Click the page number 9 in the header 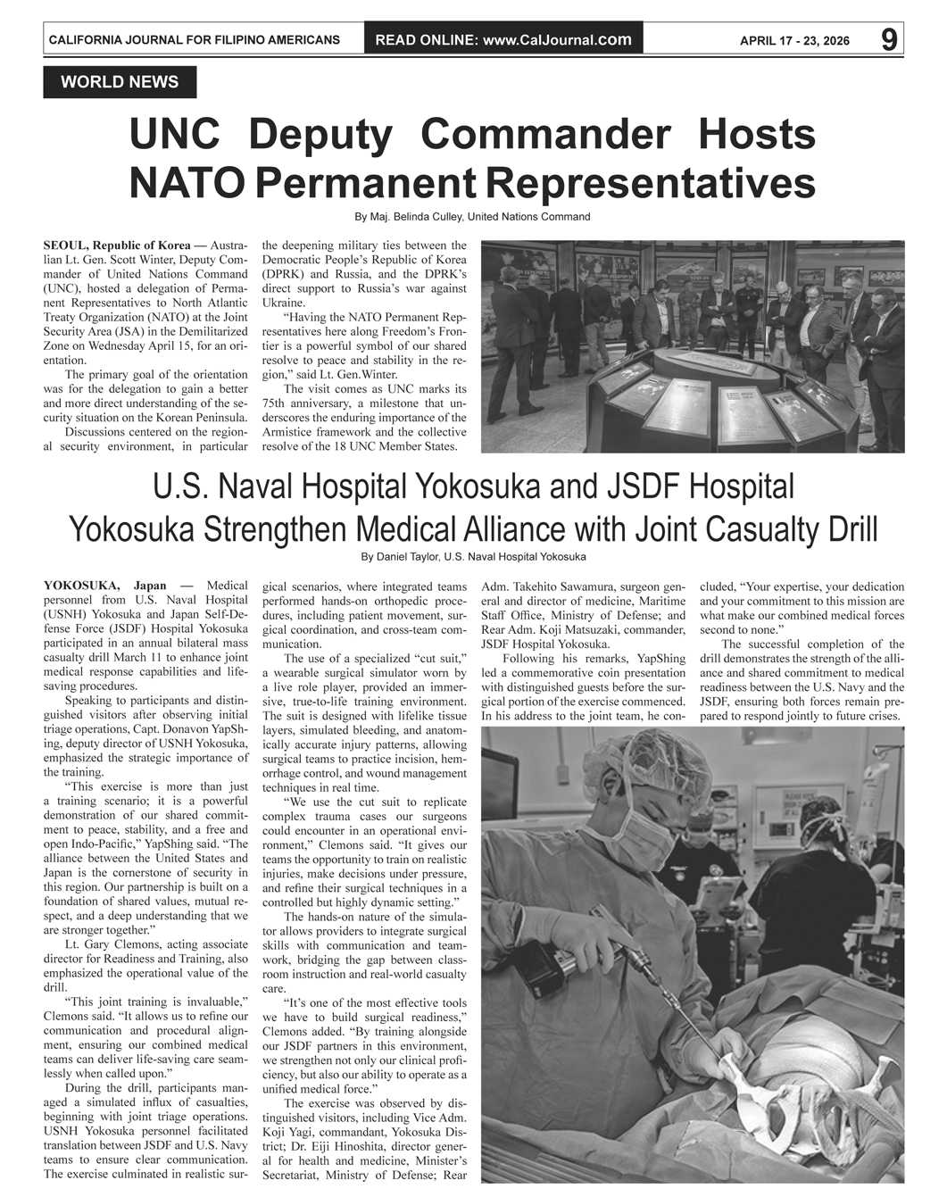pos(889,39)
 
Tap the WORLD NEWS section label pos(120,82)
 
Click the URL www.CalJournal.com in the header pos(557,39)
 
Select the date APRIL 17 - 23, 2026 pos(794,40)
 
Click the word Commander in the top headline pos(544,135)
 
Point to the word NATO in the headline pos(187,183)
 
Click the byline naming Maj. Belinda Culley pos(472,217)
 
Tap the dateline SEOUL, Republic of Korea pos(116,245)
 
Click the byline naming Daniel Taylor pos(473,557)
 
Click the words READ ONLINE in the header pos(425,39)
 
